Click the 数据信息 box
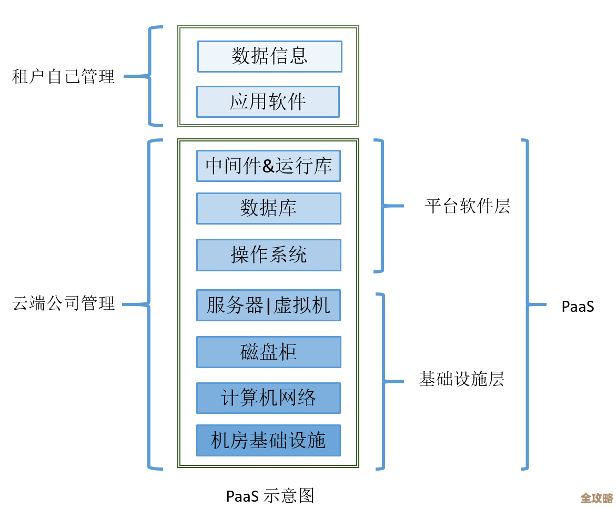click(269, 56)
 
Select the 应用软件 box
click(268, 101)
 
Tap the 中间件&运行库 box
click(268, 166)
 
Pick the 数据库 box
click(268, 208)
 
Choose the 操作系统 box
click(268, 255)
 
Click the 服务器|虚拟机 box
click(268, 305)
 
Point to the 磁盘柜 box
click(268, 352)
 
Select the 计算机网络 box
click(268, 398)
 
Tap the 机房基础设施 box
click(268, 440)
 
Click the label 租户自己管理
click(63, 77)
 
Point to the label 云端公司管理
click(63, 303)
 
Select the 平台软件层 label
click(467, 206)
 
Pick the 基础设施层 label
click(461, 379)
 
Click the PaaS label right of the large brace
click(578, 306)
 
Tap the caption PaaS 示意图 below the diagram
click(270, 495)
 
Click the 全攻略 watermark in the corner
click(597, 497)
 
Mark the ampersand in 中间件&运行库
click(268, 166)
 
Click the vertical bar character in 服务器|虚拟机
click(268, 306)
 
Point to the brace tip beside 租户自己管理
click(126, 77)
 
